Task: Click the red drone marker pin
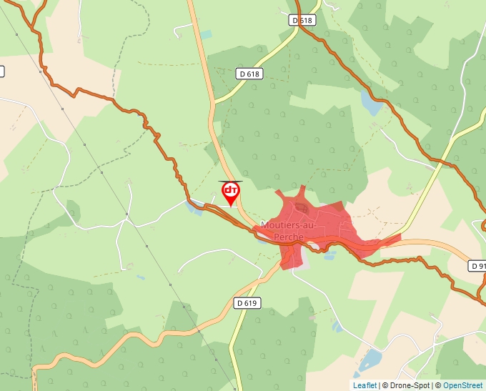tap(230, 192)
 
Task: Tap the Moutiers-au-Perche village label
tap(282, 231)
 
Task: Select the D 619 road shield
tap(247, 303)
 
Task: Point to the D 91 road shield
tap(477, 265)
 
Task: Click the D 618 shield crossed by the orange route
tap(302, 21)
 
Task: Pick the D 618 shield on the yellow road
tap(250, 74)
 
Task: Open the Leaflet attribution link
tap(364, 385)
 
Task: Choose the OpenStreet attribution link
tap(462, 385)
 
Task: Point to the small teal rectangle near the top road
tap(206, 34)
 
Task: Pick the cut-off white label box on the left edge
tap(1, 71)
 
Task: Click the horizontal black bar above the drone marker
tap(230, 182)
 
